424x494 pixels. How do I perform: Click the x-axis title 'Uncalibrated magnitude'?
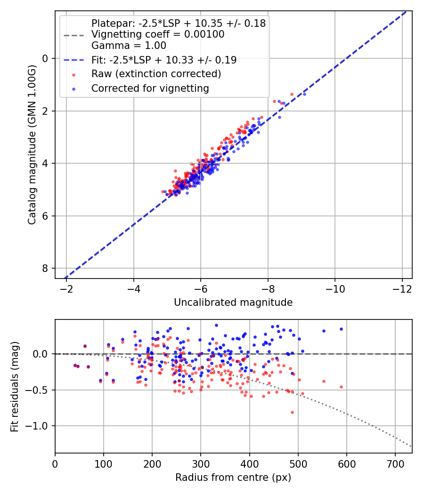[x=233, y=303]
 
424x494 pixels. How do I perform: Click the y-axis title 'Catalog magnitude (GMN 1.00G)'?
[x=32, y=144]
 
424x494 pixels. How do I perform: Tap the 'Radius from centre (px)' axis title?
[x=233, y=478]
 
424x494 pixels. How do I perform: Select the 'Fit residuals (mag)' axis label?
[x=15, y=387]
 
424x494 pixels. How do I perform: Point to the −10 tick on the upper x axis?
[x=334, y=289]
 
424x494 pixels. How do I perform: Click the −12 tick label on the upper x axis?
[x=402, y=289]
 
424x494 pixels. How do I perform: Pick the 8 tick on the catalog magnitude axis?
[x=45, y=269]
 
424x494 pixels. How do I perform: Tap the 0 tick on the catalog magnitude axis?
[x=45, y=59]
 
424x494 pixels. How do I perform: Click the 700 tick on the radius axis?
[x=395, y=464]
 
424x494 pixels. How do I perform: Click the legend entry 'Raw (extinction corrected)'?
[x=156, y=74]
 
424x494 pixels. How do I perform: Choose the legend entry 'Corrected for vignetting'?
[x=150, y=88]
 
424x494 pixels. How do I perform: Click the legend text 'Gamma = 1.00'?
[x=129, y=45]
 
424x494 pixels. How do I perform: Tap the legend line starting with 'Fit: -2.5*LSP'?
[x=164, y=60]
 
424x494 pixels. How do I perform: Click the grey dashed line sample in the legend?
[x=74, y=35]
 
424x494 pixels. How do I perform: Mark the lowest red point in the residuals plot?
[x=292, y=413]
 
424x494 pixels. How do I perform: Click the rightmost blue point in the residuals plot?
[x=341, y=329]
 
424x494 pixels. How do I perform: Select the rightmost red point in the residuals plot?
[x=341, y=387]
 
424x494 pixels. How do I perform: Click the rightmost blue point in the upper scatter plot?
[x=304, y=94]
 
